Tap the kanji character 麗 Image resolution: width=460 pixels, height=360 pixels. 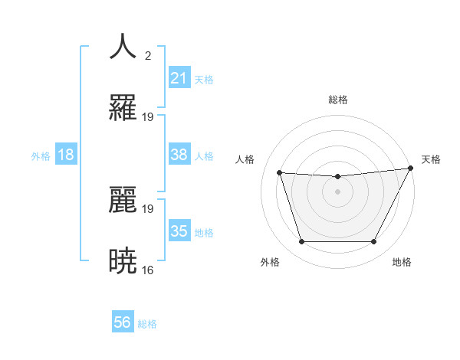[x=123, y=200]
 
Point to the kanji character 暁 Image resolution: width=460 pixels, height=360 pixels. [x=123, y=261]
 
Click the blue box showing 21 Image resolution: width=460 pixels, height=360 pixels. [x=179, y=78]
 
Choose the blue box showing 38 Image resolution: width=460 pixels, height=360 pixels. [x=179, y=155]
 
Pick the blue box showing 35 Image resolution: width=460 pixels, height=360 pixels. [x=179, y=231]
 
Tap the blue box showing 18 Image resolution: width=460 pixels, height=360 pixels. [x=66, y=155]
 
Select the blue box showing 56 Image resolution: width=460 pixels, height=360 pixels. [x=123, y=322]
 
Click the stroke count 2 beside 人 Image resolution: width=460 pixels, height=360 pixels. [x=147, y=55]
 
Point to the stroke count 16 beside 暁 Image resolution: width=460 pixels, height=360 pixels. [x=148, y=270]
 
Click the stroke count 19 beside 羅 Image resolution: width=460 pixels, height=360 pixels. [x=148, y=117]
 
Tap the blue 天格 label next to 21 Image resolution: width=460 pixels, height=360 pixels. [x=204, y=79]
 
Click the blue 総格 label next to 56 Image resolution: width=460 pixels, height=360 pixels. [x=147, y=323]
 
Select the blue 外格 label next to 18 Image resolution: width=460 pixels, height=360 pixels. [x=41, y=155]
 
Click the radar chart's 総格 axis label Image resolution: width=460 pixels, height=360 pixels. [x=337, y=100]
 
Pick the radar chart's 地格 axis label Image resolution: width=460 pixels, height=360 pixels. [x=402, y=262]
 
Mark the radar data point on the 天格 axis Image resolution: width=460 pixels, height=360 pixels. [x=411, y=169]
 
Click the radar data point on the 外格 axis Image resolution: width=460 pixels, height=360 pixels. [x=301, y=242]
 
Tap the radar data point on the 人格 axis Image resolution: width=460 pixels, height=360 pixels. [x=279, y=173]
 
